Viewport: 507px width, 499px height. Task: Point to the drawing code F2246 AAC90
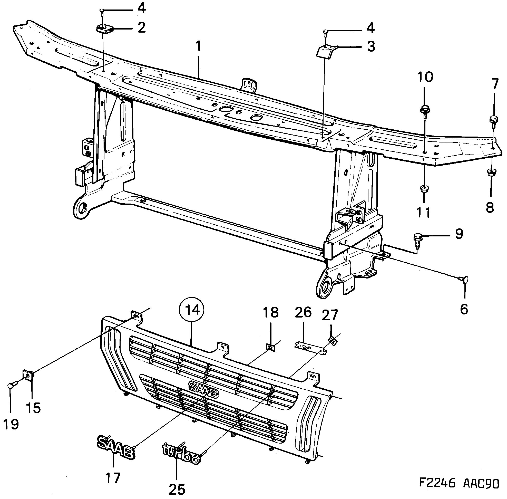click(459, 483)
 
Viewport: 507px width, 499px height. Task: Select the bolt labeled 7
click(493, 121)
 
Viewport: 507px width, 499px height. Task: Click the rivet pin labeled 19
click(12, 386)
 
